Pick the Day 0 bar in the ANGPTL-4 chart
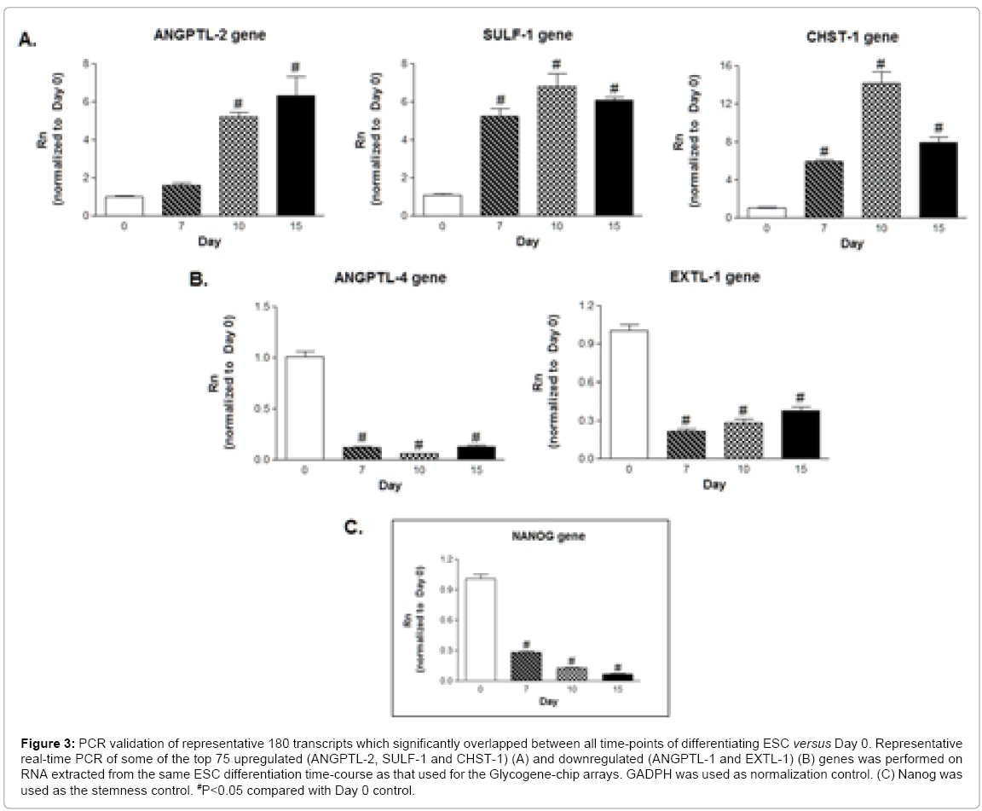[x=304, y=408]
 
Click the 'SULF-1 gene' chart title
[x=527, y=34]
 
